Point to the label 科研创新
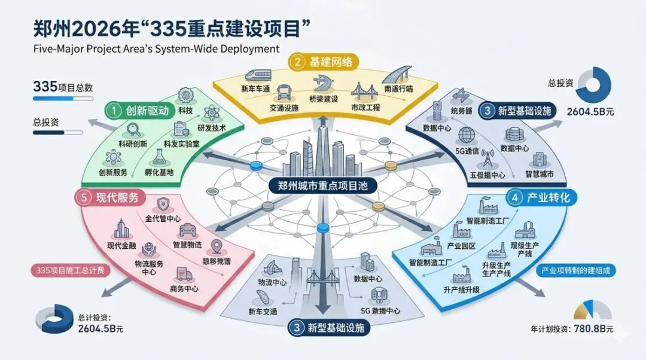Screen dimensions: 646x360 click(132, 144)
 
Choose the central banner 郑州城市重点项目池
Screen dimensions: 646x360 click(322, 186)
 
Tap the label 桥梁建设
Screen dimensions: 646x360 click(324, 98)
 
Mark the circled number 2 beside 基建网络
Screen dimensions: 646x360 click(297, 61)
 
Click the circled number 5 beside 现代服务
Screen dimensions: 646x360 click(83, 198)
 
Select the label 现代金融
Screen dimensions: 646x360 click(122, 245)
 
